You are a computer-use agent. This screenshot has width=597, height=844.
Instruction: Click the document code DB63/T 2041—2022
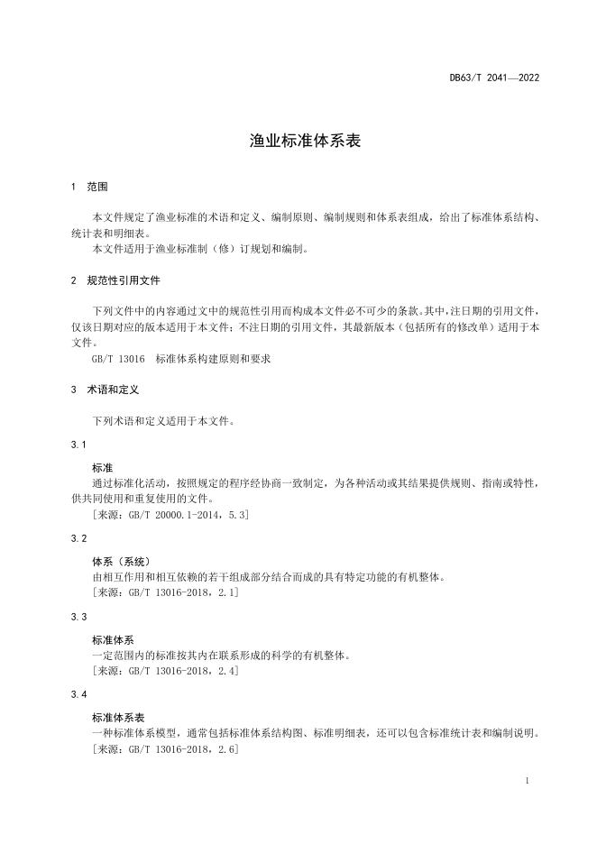point(494,78)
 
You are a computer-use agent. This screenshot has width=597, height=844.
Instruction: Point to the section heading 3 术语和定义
point(104,390)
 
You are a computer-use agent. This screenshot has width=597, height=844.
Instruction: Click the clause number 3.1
point(78,445)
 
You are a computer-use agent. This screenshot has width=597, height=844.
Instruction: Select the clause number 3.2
point(78,538)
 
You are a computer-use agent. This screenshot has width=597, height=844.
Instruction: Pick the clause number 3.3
point(78,617)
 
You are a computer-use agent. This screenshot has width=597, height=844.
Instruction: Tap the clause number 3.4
point(78,695)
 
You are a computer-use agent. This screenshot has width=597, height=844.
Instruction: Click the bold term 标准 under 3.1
point(102,468)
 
